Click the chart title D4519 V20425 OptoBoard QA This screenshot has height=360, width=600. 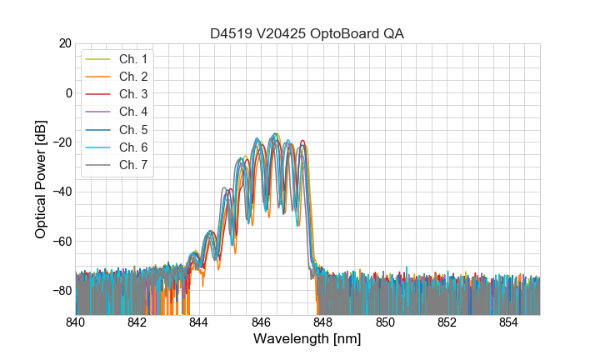[307, 33]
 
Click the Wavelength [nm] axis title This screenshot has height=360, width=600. [307, 340]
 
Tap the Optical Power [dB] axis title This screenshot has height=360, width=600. [41, 179]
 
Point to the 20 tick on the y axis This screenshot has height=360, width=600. [64, 43]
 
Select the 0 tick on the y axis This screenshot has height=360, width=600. [67, 92]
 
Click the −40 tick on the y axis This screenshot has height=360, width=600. [61, 192]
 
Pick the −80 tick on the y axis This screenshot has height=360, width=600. [61, 291]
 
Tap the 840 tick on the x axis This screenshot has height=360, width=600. [76, 322]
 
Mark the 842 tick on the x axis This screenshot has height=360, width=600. [137, 322]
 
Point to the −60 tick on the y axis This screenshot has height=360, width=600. [61, 242]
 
